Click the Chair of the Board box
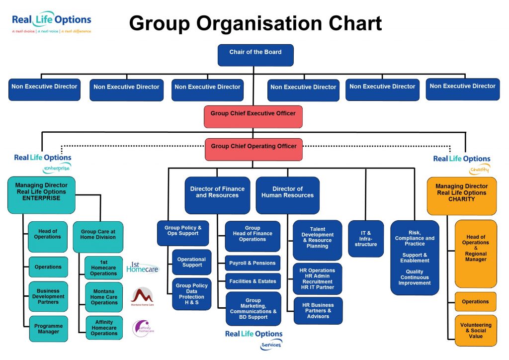coord(255,55)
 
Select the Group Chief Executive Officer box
coord(253,116)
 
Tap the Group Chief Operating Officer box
coord(254,149)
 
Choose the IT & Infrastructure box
coord(366,239)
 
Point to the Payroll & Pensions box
coord(253,263)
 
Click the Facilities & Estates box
coord(253,281)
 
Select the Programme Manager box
coord(48,329)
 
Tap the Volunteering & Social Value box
coord(476,330)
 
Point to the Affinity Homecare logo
coord(143,329)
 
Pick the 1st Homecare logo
coord(143,268)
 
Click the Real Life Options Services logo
coord(254,339)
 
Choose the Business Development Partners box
coord(48,296)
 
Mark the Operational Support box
coord(191,262)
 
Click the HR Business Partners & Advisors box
coord(318,311)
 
